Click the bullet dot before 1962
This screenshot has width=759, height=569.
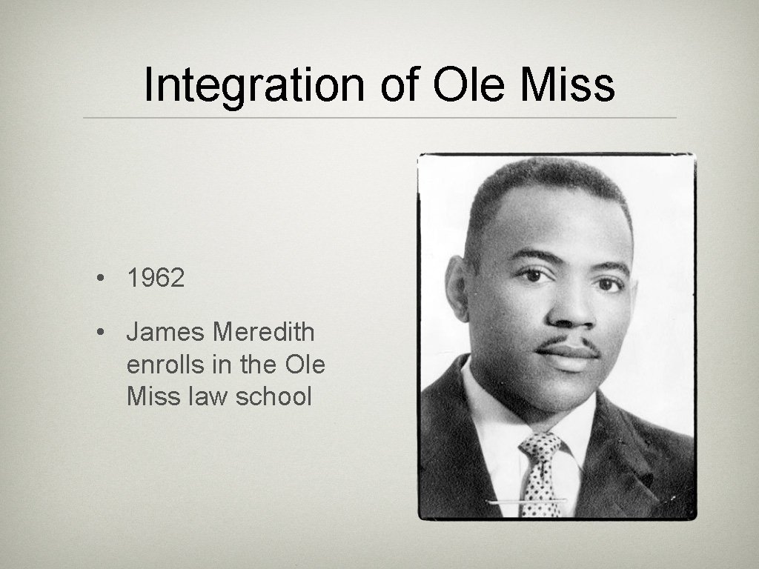[x=99, y=279]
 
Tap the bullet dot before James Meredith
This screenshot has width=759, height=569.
[x=99, y=333]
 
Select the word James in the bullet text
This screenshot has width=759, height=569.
[x=165, y=332]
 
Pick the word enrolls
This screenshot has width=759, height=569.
[x=165, y=365]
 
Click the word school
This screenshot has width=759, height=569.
[x=274, y=396]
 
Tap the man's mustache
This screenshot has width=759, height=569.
[x=567, y=345]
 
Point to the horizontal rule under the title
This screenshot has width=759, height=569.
[x=379, y=118]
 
